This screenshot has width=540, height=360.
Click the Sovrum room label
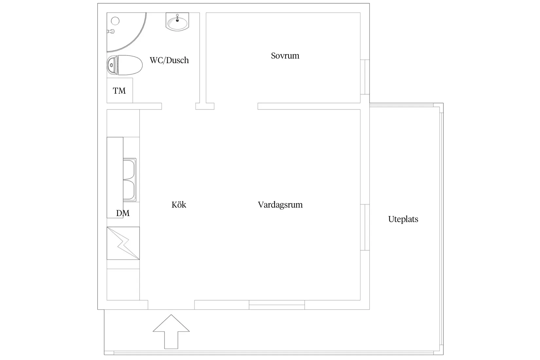click(x=285, y=56)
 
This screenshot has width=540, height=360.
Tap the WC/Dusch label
click(x=169, y=60)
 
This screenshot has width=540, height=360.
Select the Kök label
click(x=179, y=205)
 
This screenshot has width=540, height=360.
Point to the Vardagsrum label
click(x=280, y=205)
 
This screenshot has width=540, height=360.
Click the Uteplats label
click(x=403, y=219)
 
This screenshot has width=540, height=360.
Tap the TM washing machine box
click(x=119, y=90)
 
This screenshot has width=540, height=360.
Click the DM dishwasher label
click(x=123, y=213)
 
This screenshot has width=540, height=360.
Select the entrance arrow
click(x=171, y=332)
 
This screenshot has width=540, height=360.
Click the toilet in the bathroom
click(x=125, y=65)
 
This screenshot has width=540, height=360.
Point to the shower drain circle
click(x=115, y=21)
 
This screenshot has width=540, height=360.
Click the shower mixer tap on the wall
click(x=111, y=31)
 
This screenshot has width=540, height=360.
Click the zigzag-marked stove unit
click(x=123, y=243)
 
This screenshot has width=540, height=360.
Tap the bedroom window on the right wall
click(x=365, y=77)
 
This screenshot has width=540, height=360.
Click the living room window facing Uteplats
click(x=365, y=227)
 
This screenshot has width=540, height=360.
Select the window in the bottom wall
click(x=277, y=305)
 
